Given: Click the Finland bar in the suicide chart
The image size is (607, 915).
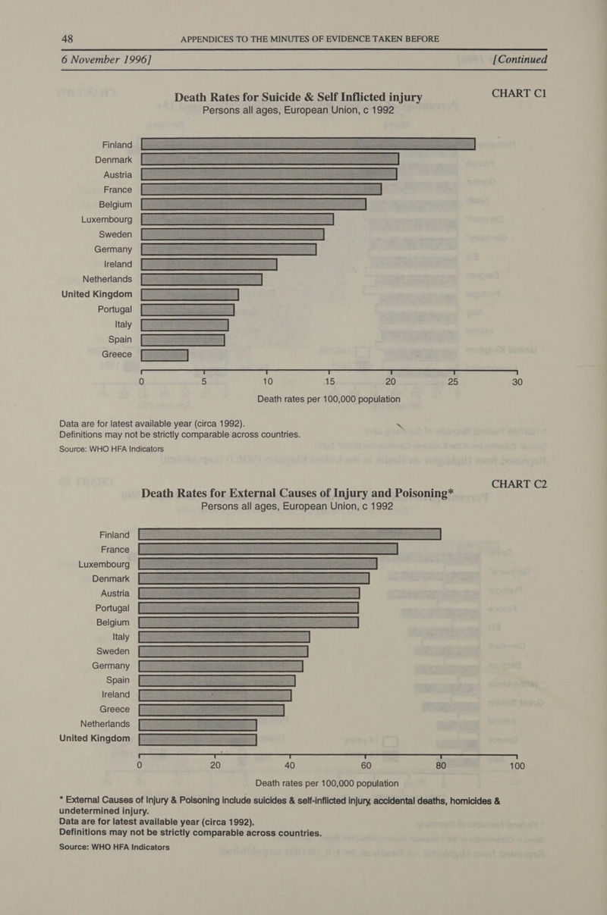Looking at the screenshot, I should click(307, 145).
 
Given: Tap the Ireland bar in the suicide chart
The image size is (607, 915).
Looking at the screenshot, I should click(209, 264).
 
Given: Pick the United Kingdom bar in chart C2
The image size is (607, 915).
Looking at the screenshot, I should click(199, 740).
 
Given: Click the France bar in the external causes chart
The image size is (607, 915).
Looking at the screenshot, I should click(269, 549).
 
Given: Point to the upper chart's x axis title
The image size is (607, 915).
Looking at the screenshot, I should click(329, 400).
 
